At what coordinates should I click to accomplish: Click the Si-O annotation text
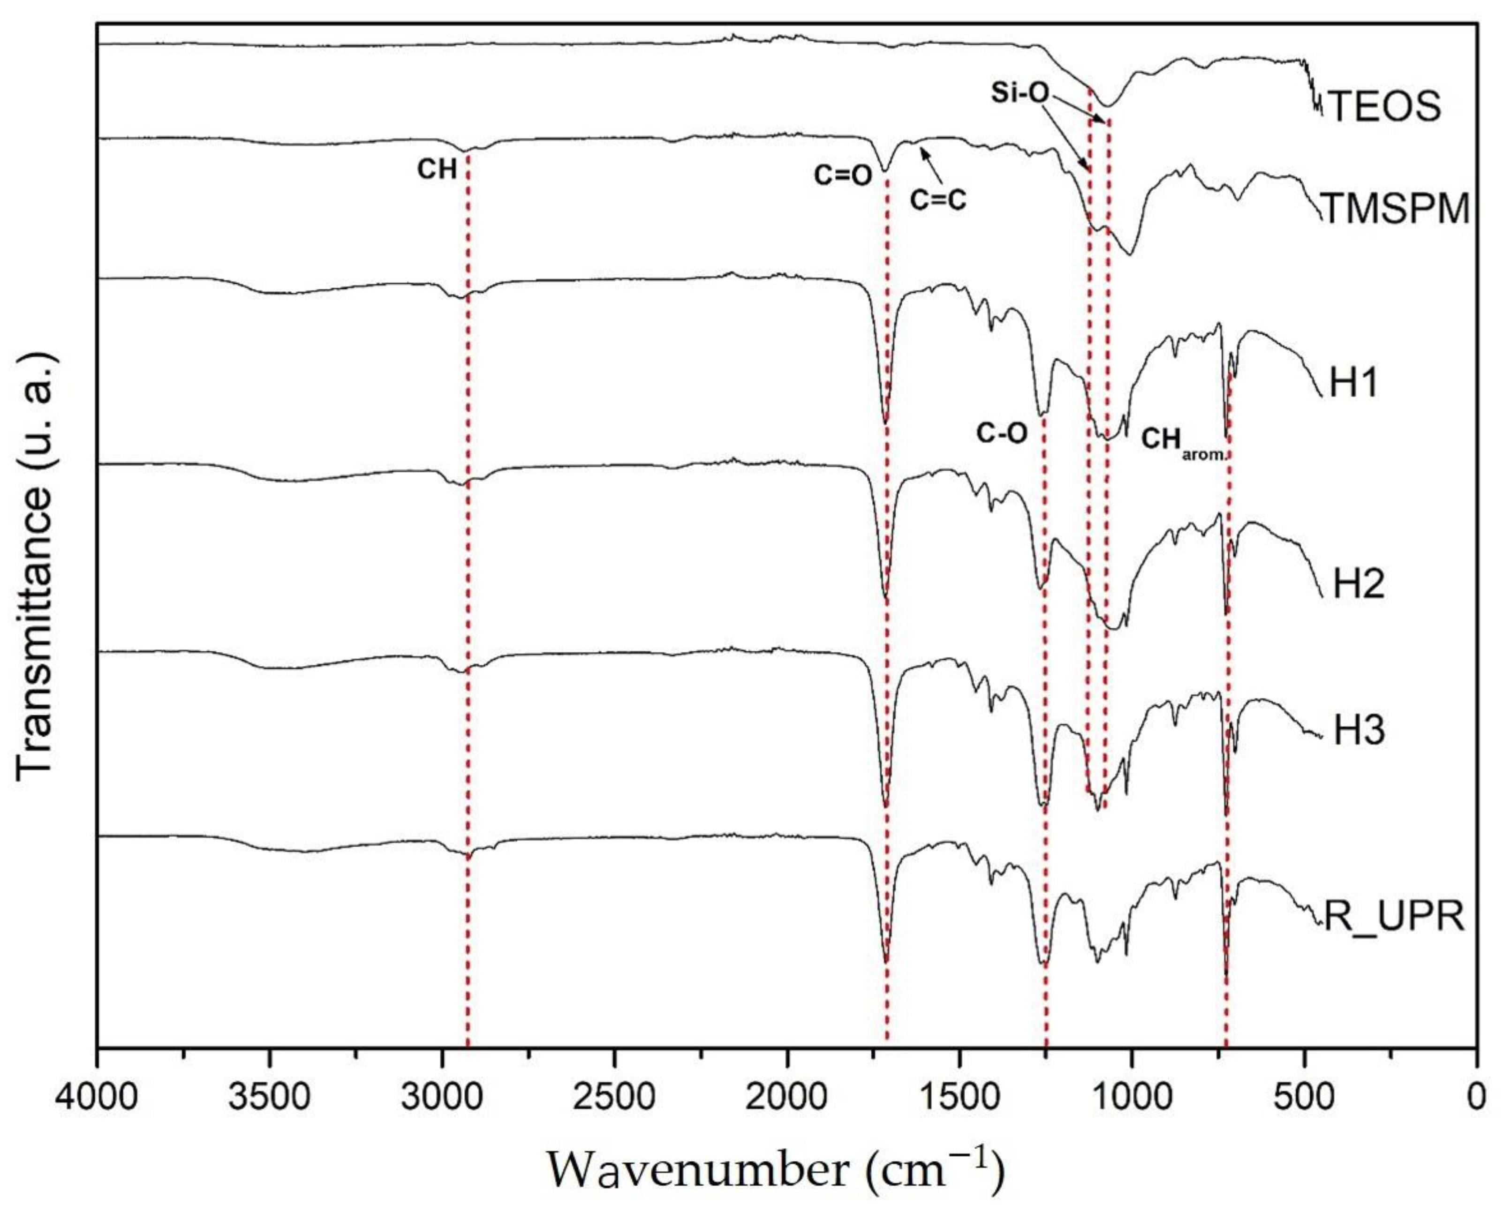pyautogui.click(x=1020, y=93)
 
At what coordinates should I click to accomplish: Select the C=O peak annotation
pyautogui.click(x=843, y=176)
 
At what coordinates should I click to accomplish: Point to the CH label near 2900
pyautogui.click(x=437, y=169)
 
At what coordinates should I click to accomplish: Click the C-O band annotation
pyautogui.click(x=1002, y=434)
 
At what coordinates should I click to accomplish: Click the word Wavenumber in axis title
pyautogui.click(x=698, y=1169)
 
